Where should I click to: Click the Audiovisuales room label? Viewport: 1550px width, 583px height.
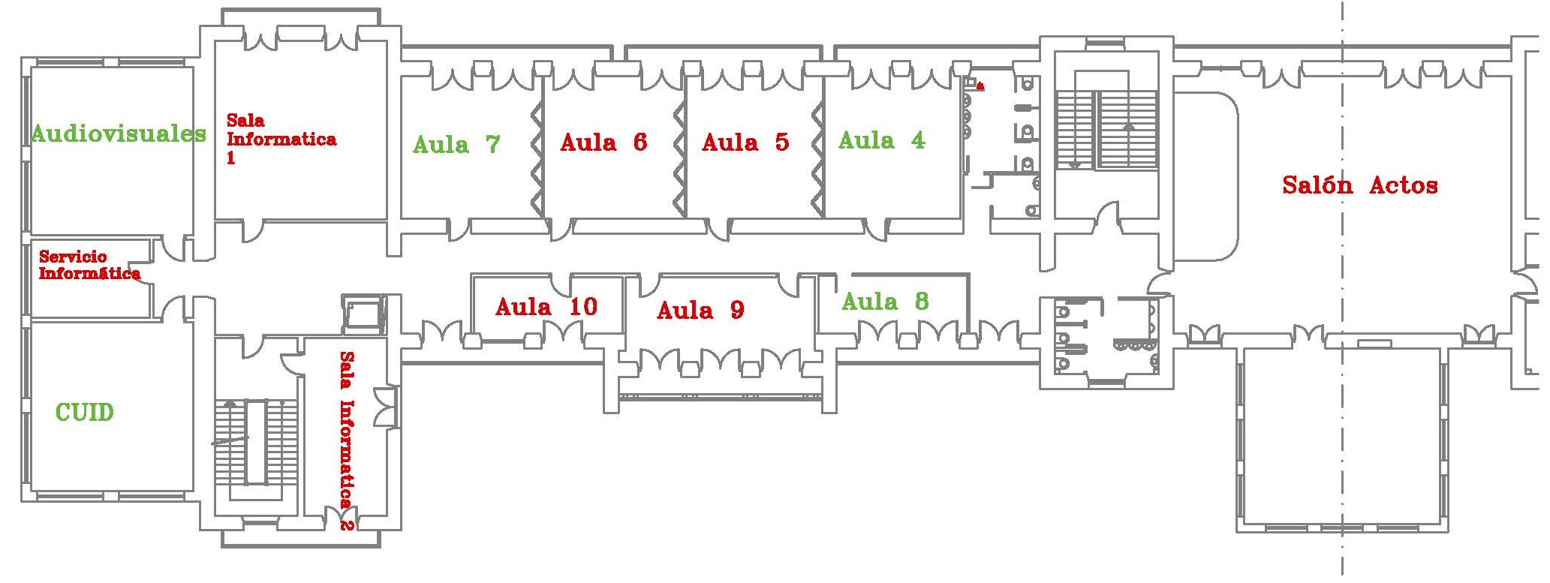point(119,134)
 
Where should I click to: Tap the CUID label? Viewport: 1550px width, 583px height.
point(85,412)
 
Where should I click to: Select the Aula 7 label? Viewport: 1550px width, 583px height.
point(456,144)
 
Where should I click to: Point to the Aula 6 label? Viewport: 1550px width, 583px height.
point(603,142)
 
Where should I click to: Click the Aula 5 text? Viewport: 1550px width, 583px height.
point(745,142)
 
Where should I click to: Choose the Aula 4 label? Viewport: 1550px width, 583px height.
point(881,140)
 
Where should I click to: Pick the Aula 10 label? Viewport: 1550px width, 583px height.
point(546,306)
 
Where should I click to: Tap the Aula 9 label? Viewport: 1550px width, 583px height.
point(700,310)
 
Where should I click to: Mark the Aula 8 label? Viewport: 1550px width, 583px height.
point(885,302)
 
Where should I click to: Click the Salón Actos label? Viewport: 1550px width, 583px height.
point(1359,185)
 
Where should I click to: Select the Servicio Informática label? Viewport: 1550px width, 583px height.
point(89,265)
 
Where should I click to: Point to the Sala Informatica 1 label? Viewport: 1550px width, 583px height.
point(281,139)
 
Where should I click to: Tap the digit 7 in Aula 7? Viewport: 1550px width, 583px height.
point(492,144)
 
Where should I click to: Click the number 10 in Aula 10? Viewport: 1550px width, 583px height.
point(583,306)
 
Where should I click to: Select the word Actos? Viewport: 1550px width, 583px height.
point(1404,185)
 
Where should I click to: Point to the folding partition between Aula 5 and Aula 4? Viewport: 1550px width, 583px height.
point(818,158)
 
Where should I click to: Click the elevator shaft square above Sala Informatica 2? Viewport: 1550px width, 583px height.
point(363,313)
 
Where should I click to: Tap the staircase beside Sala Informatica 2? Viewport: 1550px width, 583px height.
point(257,443)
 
